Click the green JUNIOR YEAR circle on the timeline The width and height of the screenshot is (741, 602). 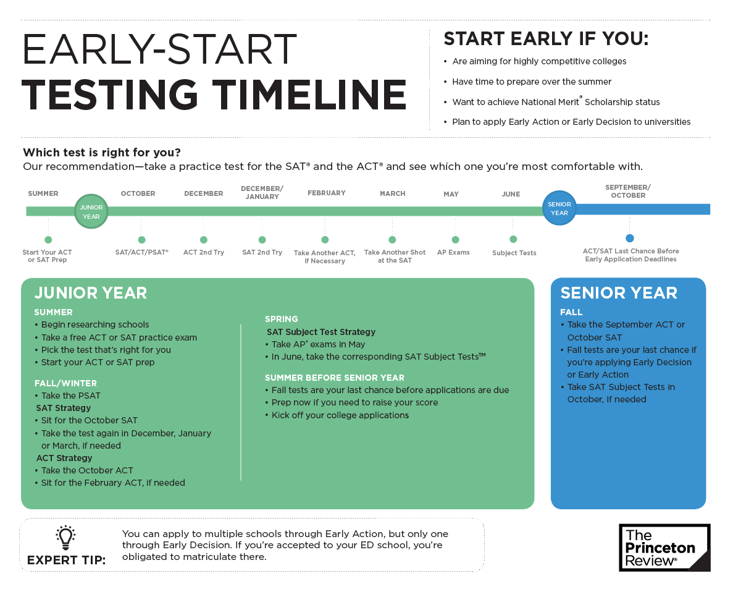click(x=91, y=211)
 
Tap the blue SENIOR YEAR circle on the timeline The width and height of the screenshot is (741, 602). click(x=559, y=208)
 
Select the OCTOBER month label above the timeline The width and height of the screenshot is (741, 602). click(x=138, y=193)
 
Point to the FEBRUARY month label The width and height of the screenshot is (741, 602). click(x=326, y=193)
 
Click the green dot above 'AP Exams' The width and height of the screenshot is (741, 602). click(x=455, y=240)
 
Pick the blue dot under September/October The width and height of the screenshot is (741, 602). click(x=630, y=238)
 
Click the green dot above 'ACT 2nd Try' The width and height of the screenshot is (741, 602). click(x=204, y=240)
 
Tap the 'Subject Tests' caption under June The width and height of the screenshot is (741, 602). click(x=514, y=253)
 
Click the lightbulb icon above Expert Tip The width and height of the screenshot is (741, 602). click(x=65, y=538)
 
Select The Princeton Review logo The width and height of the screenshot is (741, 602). click(x=664, y=548)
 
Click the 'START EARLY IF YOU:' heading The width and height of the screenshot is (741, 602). click(x=546, y=39)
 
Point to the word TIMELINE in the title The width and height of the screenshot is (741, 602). click(x=309, y=95)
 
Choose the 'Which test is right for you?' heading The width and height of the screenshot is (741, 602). click(x=102, y=153)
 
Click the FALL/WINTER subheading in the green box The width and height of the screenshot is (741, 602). click(x=65, y=383)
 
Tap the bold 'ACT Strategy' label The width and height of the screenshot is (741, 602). click(x=64, y=458)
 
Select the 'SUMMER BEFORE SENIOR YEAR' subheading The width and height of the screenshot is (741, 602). click(x=334, y=378)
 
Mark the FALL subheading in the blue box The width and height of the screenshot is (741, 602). click(x=571, y=312)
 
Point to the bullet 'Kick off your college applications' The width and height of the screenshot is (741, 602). click(x=337, y=415)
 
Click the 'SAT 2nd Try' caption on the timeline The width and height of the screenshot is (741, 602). click(x=262, y=252)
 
